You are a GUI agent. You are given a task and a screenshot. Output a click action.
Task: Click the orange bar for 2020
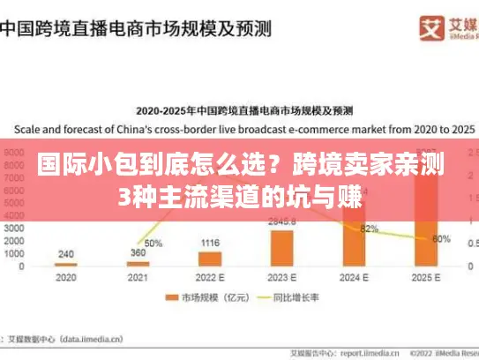coord(66,264)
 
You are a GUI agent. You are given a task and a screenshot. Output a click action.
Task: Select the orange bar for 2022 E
coord(210,259)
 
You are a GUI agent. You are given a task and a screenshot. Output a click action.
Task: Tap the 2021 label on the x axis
coord(137,276)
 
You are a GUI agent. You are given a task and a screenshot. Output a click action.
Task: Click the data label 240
coord(66,254)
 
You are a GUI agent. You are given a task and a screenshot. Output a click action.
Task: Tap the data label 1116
coord(210,243)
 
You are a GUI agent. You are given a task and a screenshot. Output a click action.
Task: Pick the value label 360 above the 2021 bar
coord(138,253)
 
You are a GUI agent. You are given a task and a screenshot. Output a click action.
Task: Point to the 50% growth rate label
coord(153,243)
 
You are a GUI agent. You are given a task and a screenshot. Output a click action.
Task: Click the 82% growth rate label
coord(370,229)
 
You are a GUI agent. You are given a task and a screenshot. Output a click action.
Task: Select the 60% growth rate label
coord(442,238)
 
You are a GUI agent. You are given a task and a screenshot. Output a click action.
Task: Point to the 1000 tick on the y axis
coord(16,253)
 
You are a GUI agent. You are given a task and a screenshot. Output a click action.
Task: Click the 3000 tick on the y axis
coord(16,227)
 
